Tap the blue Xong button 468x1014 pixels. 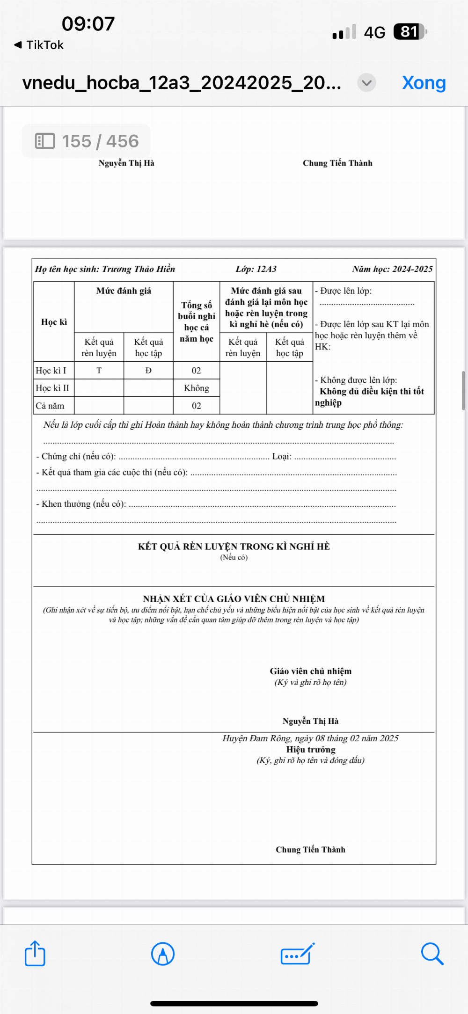point(424,83)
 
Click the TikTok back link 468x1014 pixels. point(39,45)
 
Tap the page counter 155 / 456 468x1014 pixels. point(87,141)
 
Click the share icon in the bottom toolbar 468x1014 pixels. point(35,953)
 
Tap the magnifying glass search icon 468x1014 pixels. point(431,953)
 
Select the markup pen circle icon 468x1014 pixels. point(163,953)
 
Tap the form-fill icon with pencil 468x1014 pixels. point(297,953)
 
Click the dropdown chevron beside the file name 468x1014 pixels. point(366,83)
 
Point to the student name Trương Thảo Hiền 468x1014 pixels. point(139,269)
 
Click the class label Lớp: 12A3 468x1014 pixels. point(256,269)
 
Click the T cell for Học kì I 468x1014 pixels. point(99,371)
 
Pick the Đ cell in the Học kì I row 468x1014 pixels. point(148,371)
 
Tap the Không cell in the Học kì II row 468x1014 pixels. point(197,388)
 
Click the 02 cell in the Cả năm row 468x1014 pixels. point(197,406)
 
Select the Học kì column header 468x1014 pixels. point(54,322)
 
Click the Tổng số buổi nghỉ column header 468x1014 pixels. point(197,322)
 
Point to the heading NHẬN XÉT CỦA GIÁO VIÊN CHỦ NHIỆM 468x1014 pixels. point(234,598)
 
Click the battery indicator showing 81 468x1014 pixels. point(410,32)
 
